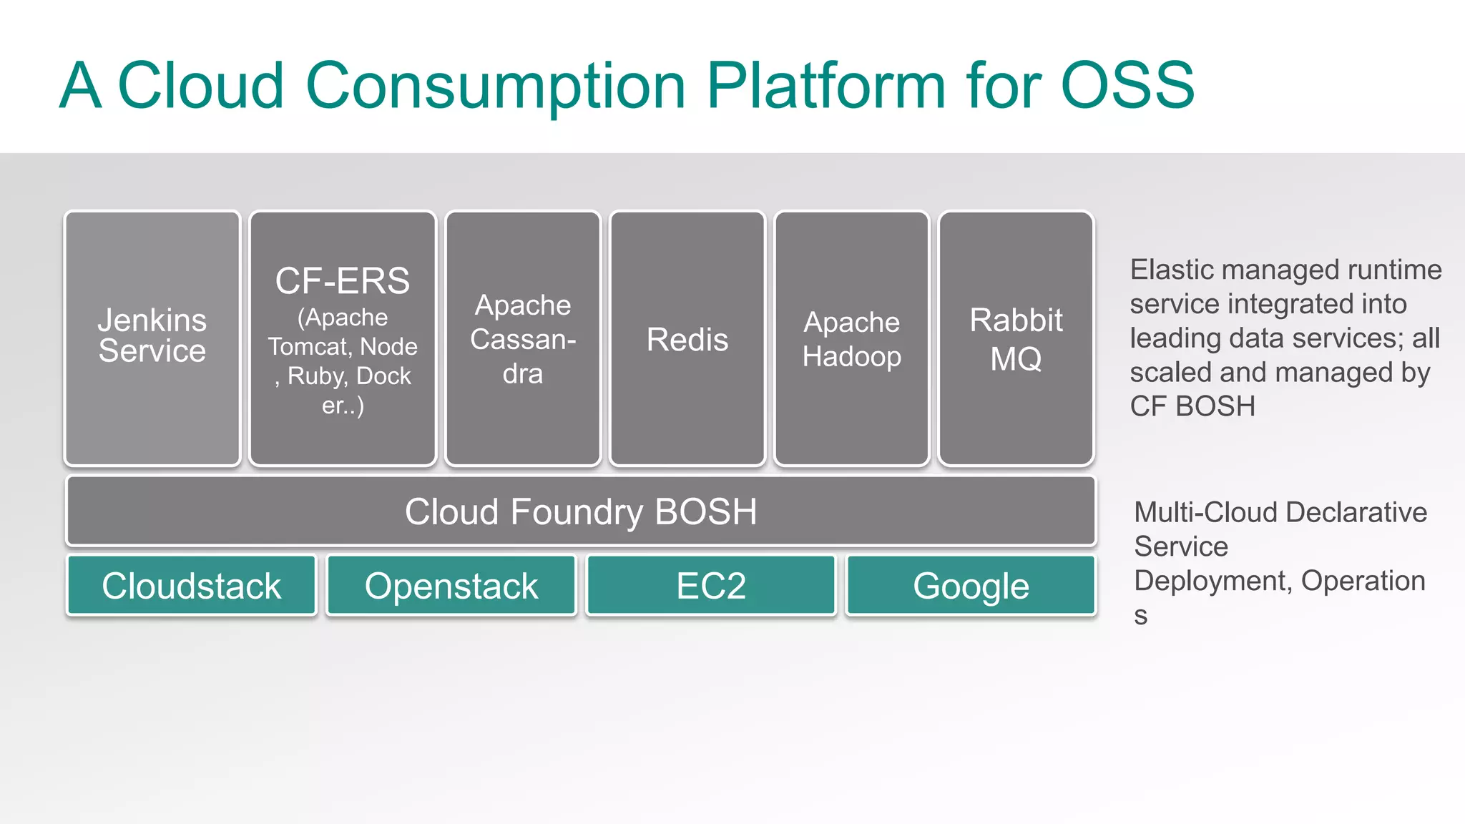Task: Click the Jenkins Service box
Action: [152, 338]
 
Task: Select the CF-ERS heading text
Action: [343, 281]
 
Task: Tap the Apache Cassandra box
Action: [523, 339]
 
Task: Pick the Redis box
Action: [687, 339]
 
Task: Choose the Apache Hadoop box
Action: [851, 339]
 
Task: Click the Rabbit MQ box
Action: [1016, 339]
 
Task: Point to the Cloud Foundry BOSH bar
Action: [581, 511]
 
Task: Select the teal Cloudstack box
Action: [192, 586]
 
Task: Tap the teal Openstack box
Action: [451, 586]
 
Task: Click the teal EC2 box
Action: [711, 586]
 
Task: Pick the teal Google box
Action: [971, 586]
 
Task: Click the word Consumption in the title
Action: [496, 86]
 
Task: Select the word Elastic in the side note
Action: [1172, 270]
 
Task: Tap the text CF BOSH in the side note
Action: [1192, 406]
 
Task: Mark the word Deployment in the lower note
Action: [1212, 581]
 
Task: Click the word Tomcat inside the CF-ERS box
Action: [308, 347]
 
